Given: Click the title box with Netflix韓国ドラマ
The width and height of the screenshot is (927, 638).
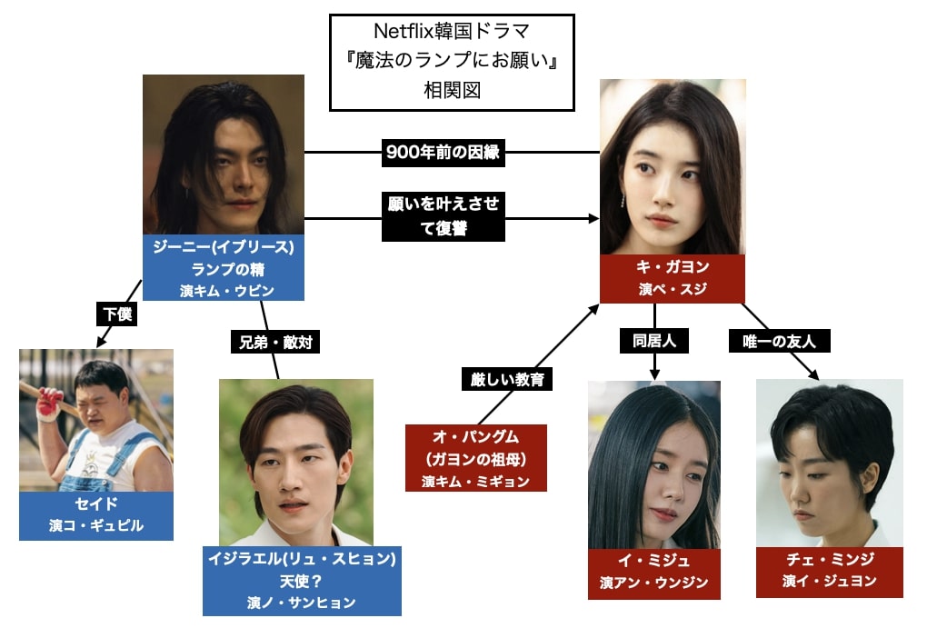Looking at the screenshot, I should click(452, 62).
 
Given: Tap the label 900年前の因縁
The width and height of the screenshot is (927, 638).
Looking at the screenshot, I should click(442, 153).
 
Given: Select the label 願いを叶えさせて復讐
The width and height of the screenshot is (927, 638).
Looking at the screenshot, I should click(442, 215).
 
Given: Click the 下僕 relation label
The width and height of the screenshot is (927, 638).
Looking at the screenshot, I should click(115, 314).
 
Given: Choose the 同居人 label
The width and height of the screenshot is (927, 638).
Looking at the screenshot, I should click(654, 341).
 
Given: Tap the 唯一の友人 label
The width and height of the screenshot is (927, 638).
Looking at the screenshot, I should click(780, 341).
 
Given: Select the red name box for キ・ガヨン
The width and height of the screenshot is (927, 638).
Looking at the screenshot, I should click(673, 278).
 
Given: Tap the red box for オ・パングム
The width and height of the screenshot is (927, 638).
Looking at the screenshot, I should click(476, 458).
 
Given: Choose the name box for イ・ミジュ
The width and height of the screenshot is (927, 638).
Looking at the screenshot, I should click(653, 574).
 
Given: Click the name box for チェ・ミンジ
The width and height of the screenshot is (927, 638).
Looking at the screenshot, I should click(829, 573).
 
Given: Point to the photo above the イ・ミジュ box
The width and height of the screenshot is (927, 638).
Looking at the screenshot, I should click(653, 464).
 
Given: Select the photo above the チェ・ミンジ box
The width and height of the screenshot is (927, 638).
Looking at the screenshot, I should click(829, 463).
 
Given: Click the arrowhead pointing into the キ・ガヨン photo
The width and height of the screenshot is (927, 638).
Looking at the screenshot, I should click(595, 219).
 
